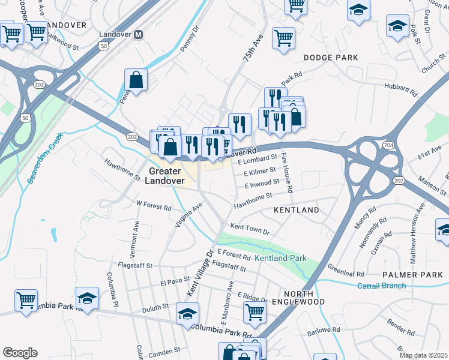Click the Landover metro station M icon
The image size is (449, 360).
click(x=139, y=35)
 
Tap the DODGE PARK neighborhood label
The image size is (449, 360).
click(x=331, y=58)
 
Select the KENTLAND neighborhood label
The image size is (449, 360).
click(x=296, y=211)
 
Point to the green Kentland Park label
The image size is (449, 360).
click(x=280, y=258)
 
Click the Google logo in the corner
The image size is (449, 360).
click(x=19, y=353)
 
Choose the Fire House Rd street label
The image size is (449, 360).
click(x=287, y=173)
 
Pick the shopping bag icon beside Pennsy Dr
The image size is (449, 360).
click(x=136, y=80)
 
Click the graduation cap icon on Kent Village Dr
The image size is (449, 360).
click(x=187, y=313)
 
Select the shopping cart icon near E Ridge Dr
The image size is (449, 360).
click(x=255, y=312)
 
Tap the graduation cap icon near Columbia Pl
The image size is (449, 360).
click(x=87, y=298)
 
